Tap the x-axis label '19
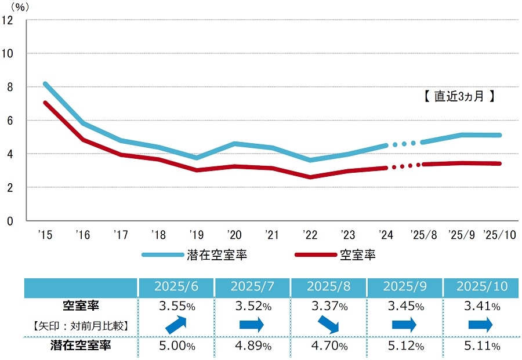[196, 235]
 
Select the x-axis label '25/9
[462, 235]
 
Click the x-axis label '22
[310, 235]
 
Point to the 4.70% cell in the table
[328, 346]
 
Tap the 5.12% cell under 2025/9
[404, 346]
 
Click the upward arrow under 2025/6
[176, 325]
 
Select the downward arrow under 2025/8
[328, 325]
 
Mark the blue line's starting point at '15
[45, 83]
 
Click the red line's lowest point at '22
[310, 177]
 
